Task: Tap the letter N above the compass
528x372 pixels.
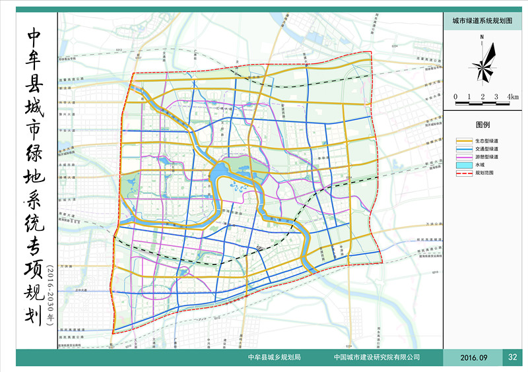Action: [482, 37]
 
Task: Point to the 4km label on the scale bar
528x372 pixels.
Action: [513, 97]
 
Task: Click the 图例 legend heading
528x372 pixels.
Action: [482, 124]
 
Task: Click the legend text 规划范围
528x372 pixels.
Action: [484, 172]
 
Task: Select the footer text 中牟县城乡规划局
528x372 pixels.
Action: [274, 357]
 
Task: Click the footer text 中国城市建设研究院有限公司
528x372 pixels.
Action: [378, 357]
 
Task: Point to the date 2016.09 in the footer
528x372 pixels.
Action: [473, 357]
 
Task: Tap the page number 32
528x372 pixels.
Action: [513, 357]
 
